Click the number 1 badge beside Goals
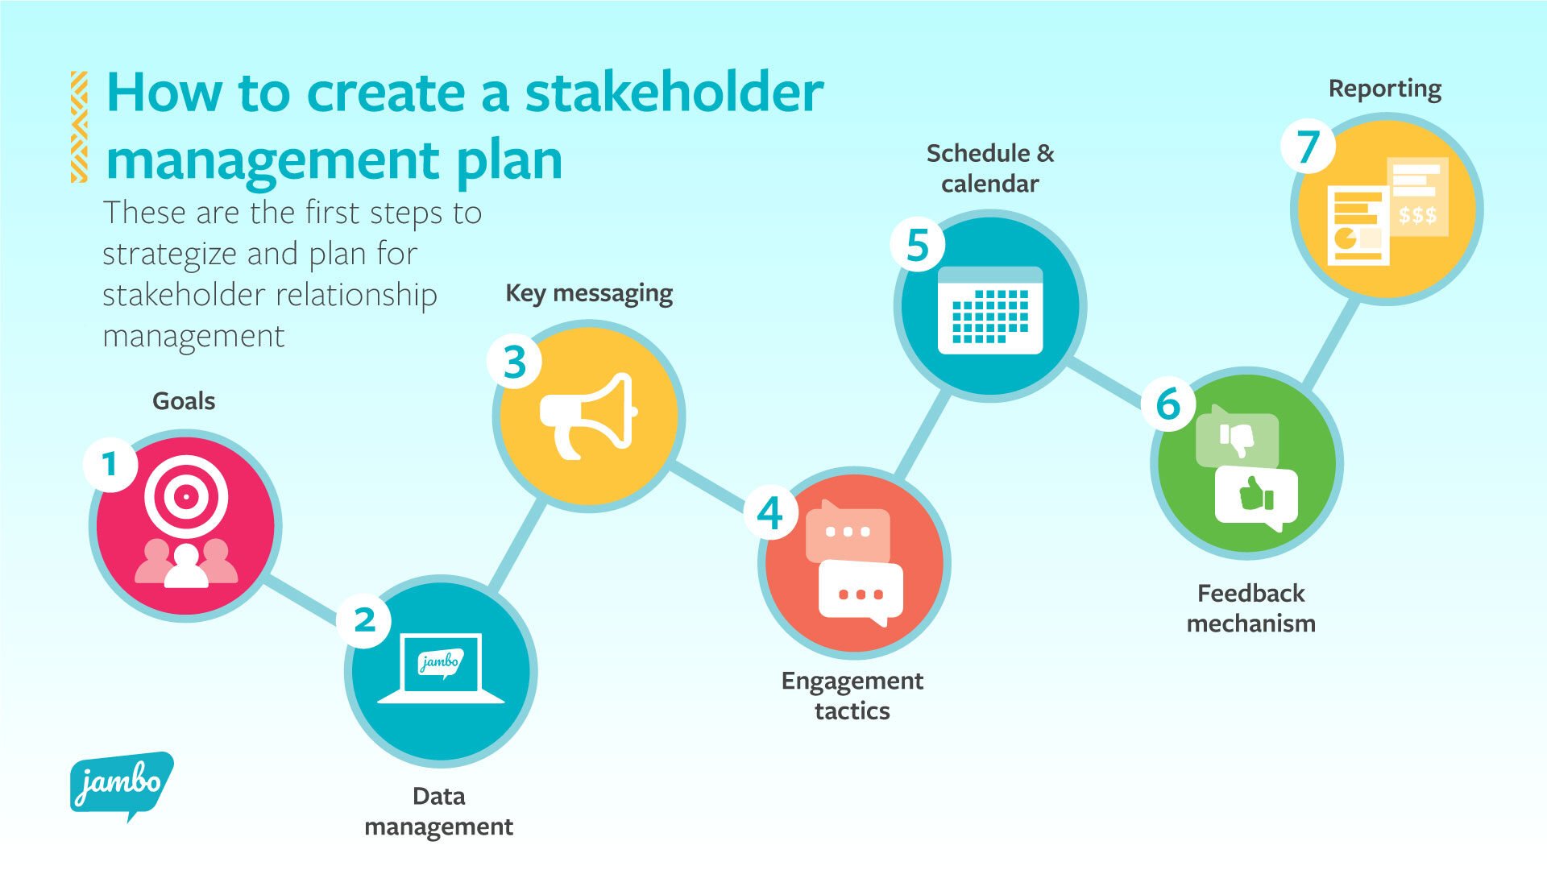tap(110, 464)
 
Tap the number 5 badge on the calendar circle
tap(918, 245)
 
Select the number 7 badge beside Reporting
tap(1309, 147)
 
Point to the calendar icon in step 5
tap(990, 311)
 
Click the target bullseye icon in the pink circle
tap(186, 497)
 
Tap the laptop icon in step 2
tap(441, 669)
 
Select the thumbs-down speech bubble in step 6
tap(1237, 439)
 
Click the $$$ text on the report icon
tap(1417, 215)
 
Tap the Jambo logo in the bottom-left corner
tap(121, 784)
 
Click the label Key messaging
tap(589, 293)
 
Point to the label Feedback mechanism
tap(1250, 608)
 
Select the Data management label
tap(439, 811)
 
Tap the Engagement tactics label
tap(852, 695)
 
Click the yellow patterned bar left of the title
tap(79, 126)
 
